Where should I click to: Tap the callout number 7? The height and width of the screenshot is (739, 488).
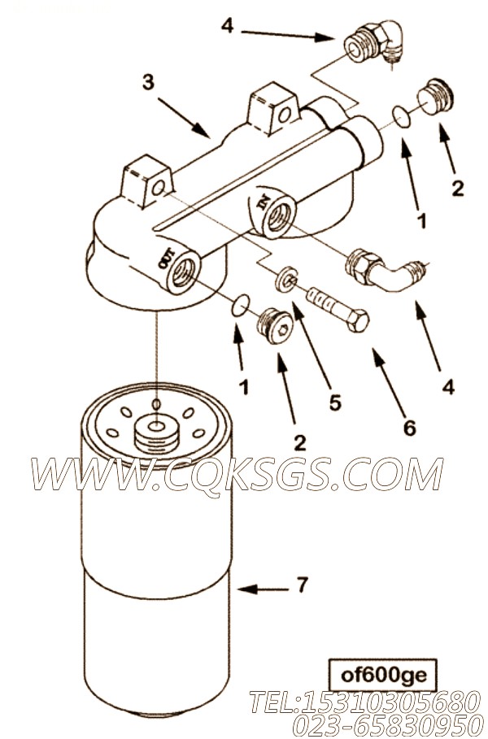click(x=303, y=585)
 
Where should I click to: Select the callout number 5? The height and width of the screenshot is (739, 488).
click(x=335, y=402)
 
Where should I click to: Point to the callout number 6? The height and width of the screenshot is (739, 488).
click(x=409, y=428)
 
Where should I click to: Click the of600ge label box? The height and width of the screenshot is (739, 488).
click(x=383, y=675)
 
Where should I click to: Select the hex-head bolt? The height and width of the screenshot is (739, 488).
click(x=338, y=309)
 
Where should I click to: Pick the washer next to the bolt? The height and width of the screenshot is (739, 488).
click(x=285, y=280)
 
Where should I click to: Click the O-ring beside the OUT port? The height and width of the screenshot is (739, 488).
click(x=241, y=304)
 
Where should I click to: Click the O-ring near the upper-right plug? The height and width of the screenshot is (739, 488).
click(x=401, y=117)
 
